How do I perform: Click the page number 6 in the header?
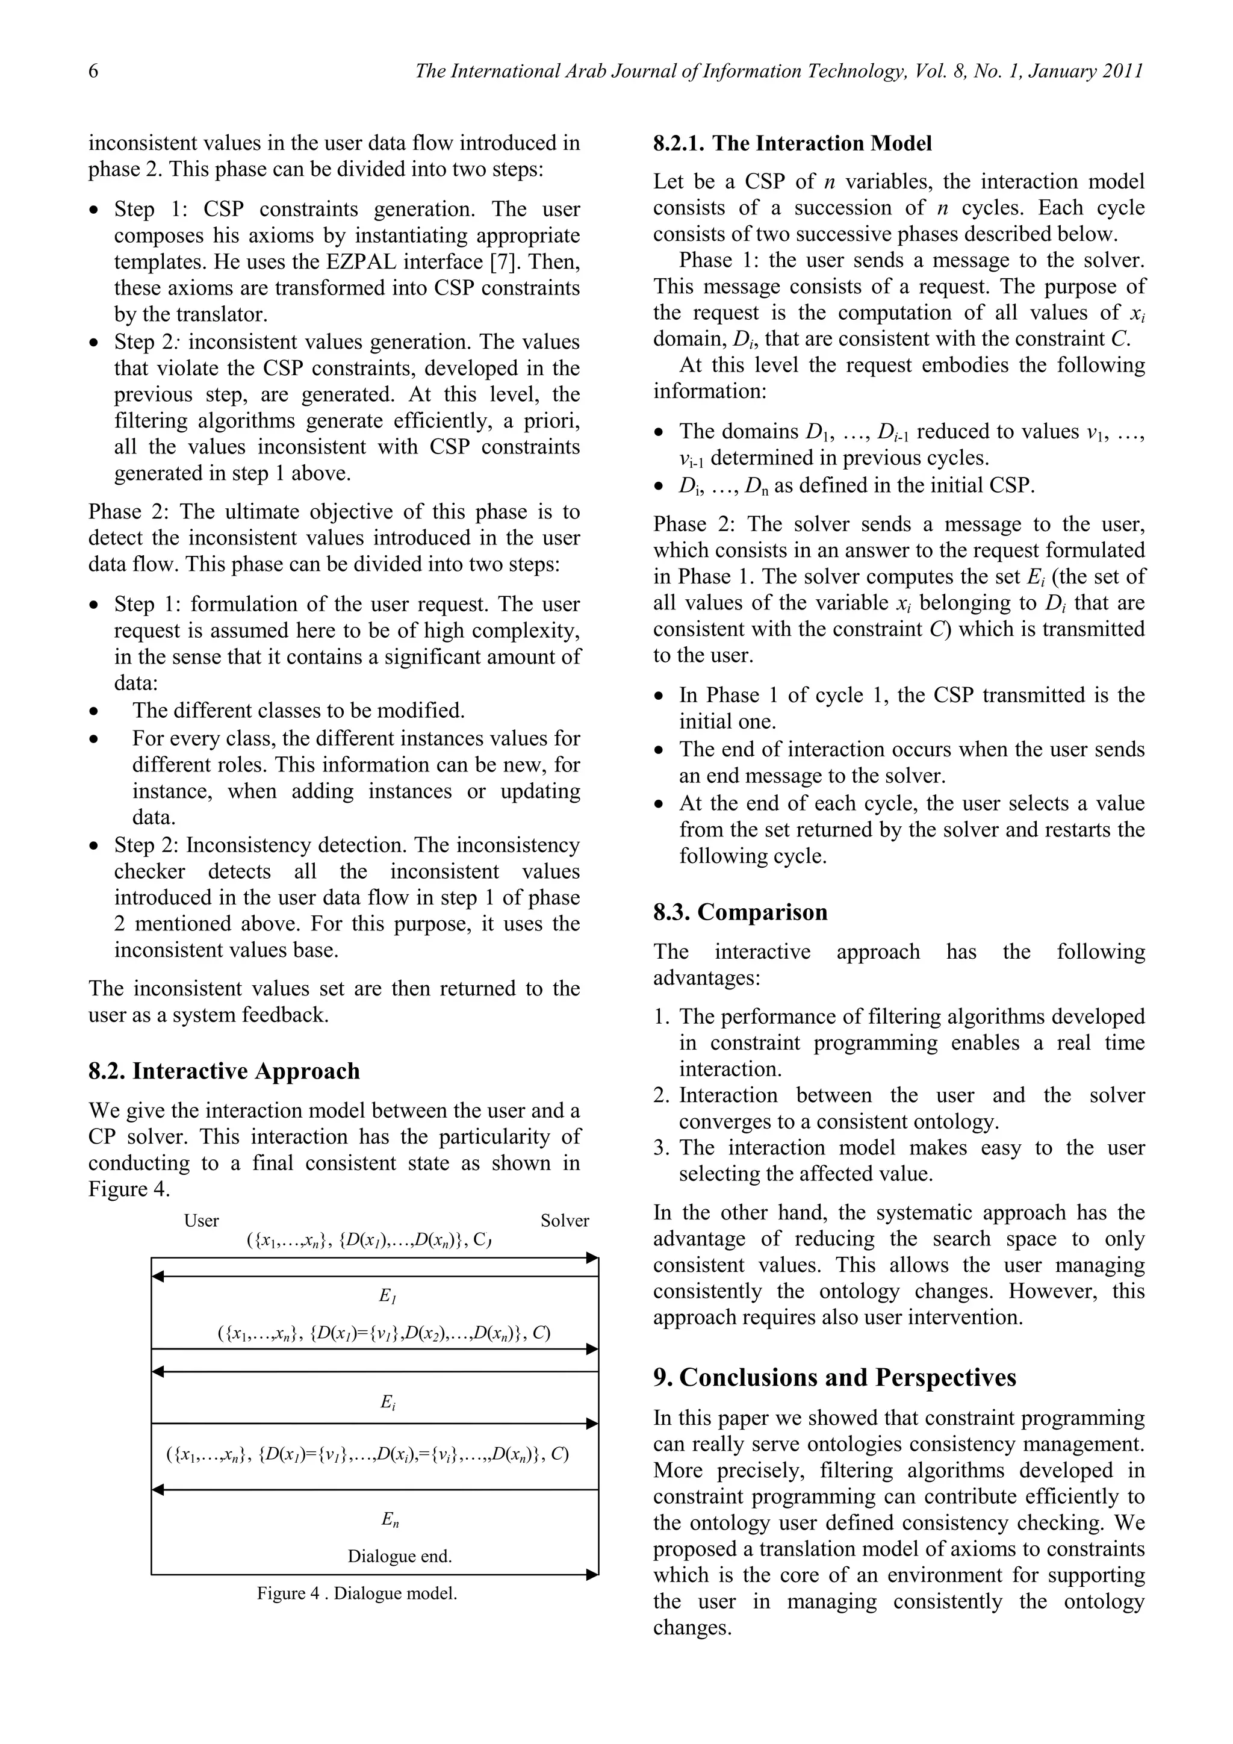[93, 72]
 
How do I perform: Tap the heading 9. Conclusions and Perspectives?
[834, 1377]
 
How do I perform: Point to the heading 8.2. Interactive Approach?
[224, 1071]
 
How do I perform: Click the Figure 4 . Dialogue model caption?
[357, 1593]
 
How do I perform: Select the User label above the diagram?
[201, 1221]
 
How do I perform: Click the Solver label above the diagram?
[564, 1221]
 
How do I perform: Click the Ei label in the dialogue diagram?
[388, 1403]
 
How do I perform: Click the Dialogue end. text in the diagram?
[399, 1556]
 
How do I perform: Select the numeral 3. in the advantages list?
[661, 1148]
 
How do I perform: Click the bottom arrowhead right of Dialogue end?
[593, 1575]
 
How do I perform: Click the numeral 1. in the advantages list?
[661, 1017]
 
